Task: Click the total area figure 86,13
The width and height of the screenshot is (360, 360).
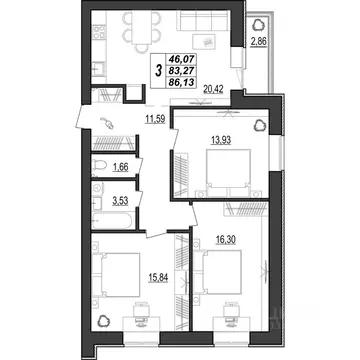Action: click(180, 86)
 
